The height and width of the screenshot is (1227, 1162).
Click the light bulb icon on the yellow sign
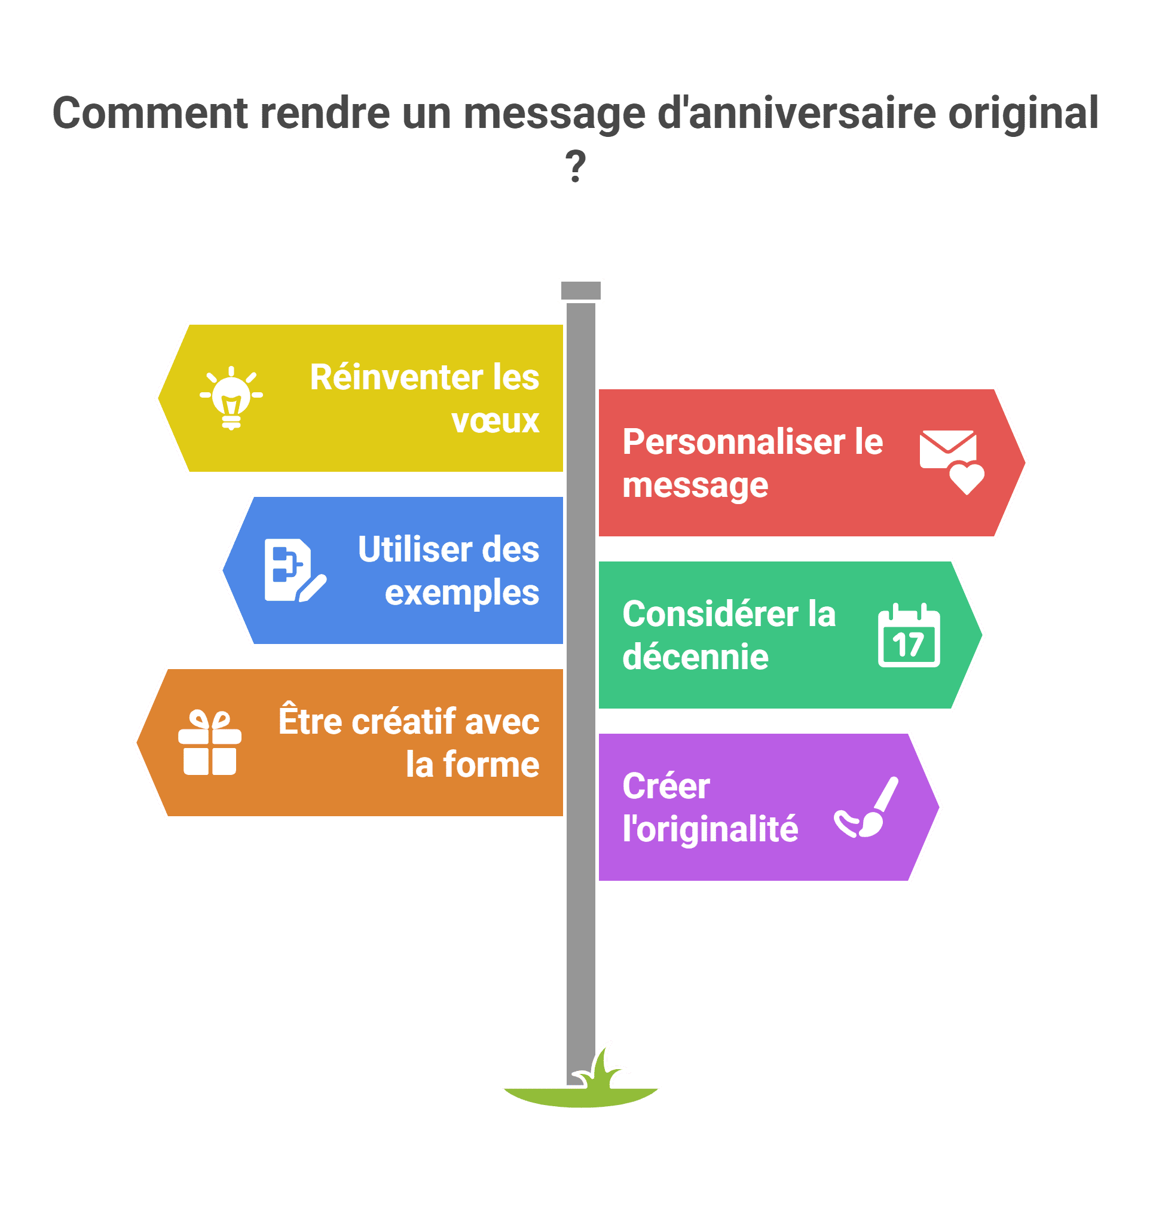[231, 398]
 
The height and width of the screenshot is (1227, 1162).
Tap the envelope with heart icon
[951, 461]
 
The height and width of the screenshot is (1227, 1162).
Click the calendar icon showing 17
[909, 635]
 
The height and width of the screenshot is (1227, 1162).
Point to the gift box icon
[209, 743]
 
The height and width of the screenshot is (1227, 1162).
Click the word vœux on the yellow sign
[495, 422]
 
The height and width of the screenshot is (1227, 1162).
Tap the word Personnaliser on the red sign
[733, 442]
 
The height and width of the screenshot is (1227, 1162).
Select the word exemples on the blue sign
[461, 594]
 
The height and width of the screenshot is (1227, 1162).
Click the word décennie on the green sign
[695, 657]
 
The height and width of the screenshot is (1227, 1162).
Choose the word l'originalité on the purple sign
[710, 829]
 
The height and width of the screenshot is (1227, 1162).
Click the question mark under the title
[576, 166]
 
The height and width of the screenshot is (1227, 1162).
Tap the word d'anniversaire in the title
[796, 114]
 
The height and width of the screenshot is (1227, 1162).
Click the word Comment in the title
[150, 114]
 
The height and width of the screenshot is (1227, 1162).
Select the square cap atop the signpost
[580, 291]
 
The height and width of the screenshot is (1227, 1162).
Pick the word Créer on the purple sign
[666, 786]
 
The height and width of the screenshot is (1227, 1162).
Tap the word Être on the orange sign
[310, 721]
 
